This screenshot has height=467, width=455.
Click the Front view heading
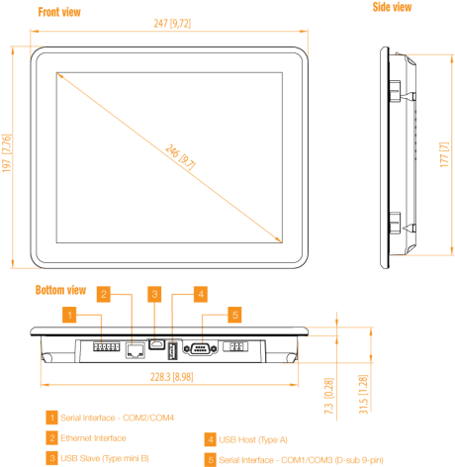coord(59,12)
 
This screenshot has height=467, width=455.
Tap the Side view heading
coord(392,7)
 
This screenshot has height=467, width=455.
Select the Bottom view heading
coord(60,290)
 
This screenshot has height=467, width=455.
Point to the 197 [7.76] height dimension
coord(7,153)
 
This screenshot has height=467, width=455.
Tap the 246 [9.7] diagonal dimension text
coord(180,156)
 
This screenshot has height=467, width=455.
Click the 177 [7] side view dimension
coord(444,154)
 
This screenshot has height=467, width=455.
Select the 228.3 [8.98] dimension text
coord(172,377)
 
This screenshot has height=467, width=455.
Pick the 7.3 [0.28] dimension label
coord(328,396)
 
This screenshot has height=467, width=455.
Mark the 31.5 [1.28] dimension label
coord(363,394)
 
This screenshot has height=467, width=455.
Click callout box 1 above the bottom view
coord(69,315)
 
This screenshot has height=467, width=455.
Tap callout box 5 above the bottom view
coord(234,315)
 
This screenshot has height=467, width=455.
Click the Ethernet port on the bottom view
coord(136,350)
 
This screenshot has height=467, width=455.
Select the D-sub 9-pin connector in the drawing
coord(201,348)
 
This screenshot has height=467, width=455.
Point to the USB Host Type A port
coord(172,350)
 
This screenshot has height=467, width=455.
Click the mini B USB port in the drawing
coord(156,344)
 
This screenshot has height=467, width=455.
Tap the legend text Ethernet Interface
coord(93,438)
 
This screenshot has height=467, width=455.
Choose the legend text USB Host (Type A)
coord(253,439)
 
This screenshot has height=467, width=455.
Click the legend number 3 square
coord(51,458)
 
